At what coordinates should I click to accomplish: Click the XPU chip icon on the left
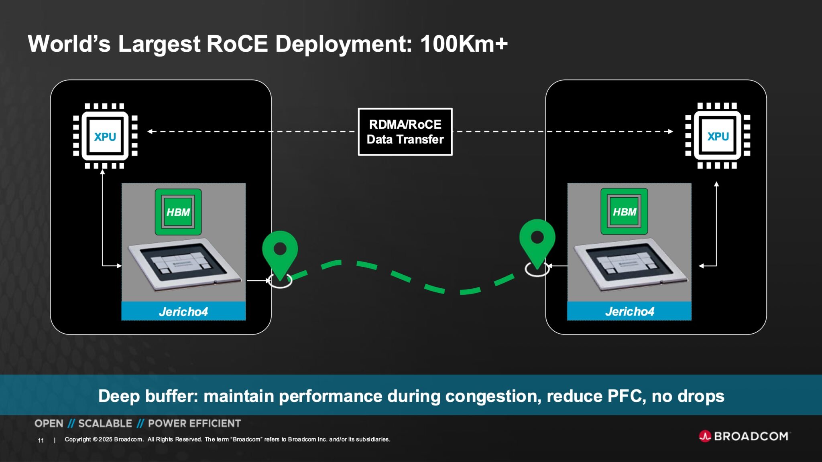coord(105,136)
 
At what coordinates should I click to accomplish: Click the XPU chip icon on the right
coord(718,136)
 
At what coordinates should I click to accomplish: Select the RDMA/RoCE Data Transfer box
coord(405,132)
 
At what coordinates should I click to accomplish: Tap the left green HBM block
coord(178,212)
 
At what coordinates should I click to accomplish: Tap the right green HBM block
coord(624,211)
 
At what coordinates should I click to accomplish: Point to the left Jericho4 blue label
coord(183,311)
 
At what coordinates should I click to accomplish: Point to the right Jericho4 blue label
coord(629,311)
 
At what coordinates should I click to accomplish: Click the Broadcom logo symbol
coord(705,436)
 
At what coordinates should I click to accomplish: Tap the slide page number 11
coord(41,440)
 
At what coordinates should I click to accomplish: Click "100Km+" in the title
coord(464,44)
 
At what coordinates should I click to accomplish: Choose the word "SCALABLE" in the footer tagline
coord(105,423)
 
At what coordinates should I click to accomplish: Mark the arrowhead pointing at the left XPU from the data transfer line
coord(150,131)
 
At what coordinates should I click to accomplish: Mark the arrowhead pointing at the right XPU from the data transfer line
coord(671,131)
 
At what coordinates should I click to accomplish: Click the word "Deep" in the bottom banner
coord(119,396)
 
